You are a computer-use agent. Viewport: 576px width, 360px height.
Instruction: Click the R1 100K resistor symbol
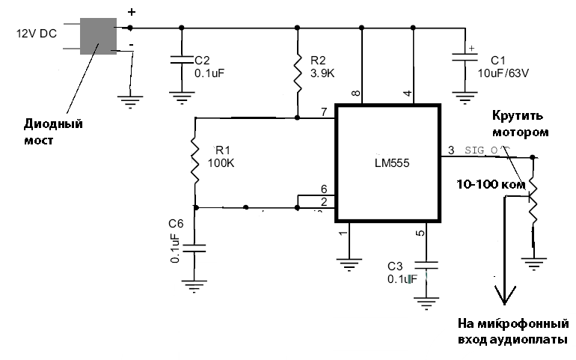(x=195, y=162)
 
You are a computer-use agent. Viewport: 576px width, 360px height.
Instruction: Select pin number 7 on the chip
(x=324, y=112)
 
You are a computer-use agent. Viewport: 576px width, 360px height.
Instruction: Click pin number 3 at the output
(x=450, y=150)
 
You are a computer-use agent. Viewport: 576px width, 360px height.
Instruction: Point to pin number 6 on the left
(x=324, y=190)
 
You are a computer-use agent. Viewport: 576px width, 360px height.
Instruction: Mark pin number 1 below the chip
(x=343, y=234)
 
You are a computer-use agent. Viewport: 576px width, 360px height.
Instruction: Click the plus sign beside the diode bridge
(x=132, y=13)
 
